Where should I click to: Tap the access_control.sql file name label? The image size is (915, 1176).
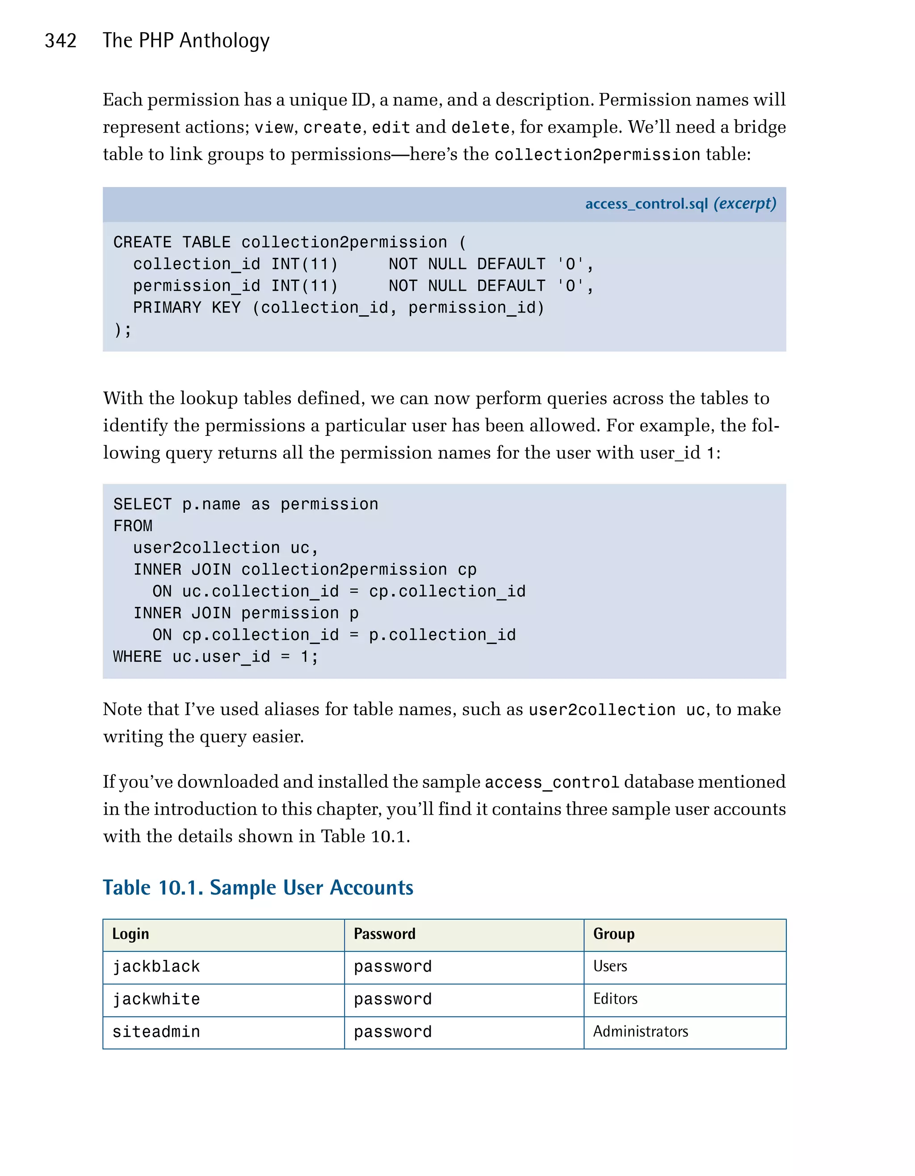click(646, 204)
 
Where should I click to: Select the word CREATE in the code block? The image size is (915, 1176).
click(142, 243)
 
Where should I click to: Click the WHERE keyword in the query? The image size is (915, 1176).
click(137, 657)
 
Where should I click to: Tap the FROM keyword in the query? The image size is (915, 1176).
click(133, 526)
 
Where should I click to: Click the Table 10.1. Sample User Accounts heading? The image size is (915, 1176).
click(258, 887)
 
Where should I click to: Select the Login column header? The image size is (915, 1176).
click(130, 933)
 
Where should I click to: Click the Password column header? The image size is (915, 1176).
click(385, 933)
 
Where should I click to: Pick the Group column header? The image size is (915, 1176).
click(613, 933)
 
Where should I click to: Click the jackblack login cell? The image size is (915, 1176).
click(156, 967)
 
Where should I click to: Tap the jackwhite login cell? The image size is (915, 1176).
click(156, 1000)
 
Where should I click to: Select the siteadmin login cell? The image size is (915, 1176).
click(156, 1032)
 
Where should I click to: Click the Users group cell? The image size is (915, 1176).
click(610, 967)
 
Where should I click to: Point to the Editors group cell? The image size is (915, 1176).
click(615, 1000)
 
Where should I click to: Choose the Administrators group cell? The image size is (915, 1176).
click(640, 1032)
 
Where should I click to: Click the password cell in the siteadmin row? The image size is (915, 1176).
click(393, 1032)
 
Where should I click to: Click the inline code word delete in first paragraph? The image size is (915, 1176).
click(480, 128)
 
